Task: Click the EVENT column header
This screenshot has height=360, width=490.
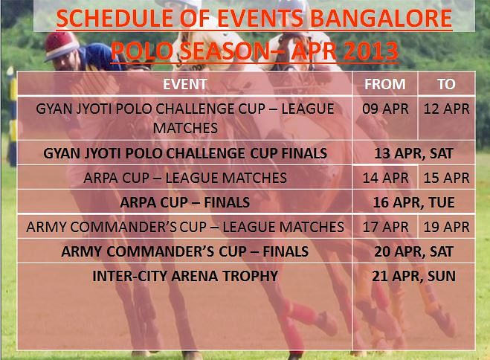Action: tap(185, 84)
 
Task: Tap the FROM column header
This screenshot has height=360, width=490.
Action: tap(385, 84)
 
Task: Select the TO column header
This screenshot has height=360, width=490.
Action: tap(446, 84)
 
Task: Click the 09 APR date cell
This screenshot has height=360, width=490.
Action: tap(385, 109)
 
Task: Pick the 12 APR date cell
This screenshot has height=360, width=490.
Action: tap(447, 109)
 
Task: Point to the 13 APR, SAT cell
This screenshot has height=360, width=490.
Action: tap(413, 154)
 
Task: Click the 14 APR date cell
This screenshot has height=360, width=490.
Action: tap(385, 178)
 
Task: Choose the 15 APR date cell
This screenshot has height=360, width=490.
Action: tap(447, 178)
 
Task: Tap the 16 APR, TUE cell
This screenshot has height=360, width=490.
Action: tap(413, 203)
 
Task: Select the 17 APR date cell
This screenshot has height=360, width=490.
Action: tap(385, 227)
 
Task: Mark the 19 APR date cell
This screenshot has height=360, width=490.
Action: tap(447, 227)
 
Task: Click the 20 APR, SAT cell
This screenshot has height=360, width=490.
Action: tap(413, 252)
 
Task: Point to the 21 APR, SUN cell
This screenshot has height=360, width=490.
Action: tap(413, 276)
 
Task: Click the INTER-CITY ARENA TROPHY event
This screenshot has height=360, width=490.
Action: tap(185, 276)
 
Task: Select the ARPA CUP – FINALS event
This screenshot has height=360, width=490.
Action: tap(185, 202)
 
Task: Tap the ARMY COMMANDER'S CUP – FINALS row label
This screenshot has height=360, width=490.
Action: tap(185, 251)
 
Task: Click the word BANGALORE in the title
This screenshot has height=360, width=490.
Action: tap(381, 18)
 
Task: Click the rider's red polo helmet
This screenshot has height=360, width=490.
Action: tap(61, 45)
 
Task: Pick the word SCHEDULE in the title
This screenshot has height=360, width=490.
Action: tap(115, 18)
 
